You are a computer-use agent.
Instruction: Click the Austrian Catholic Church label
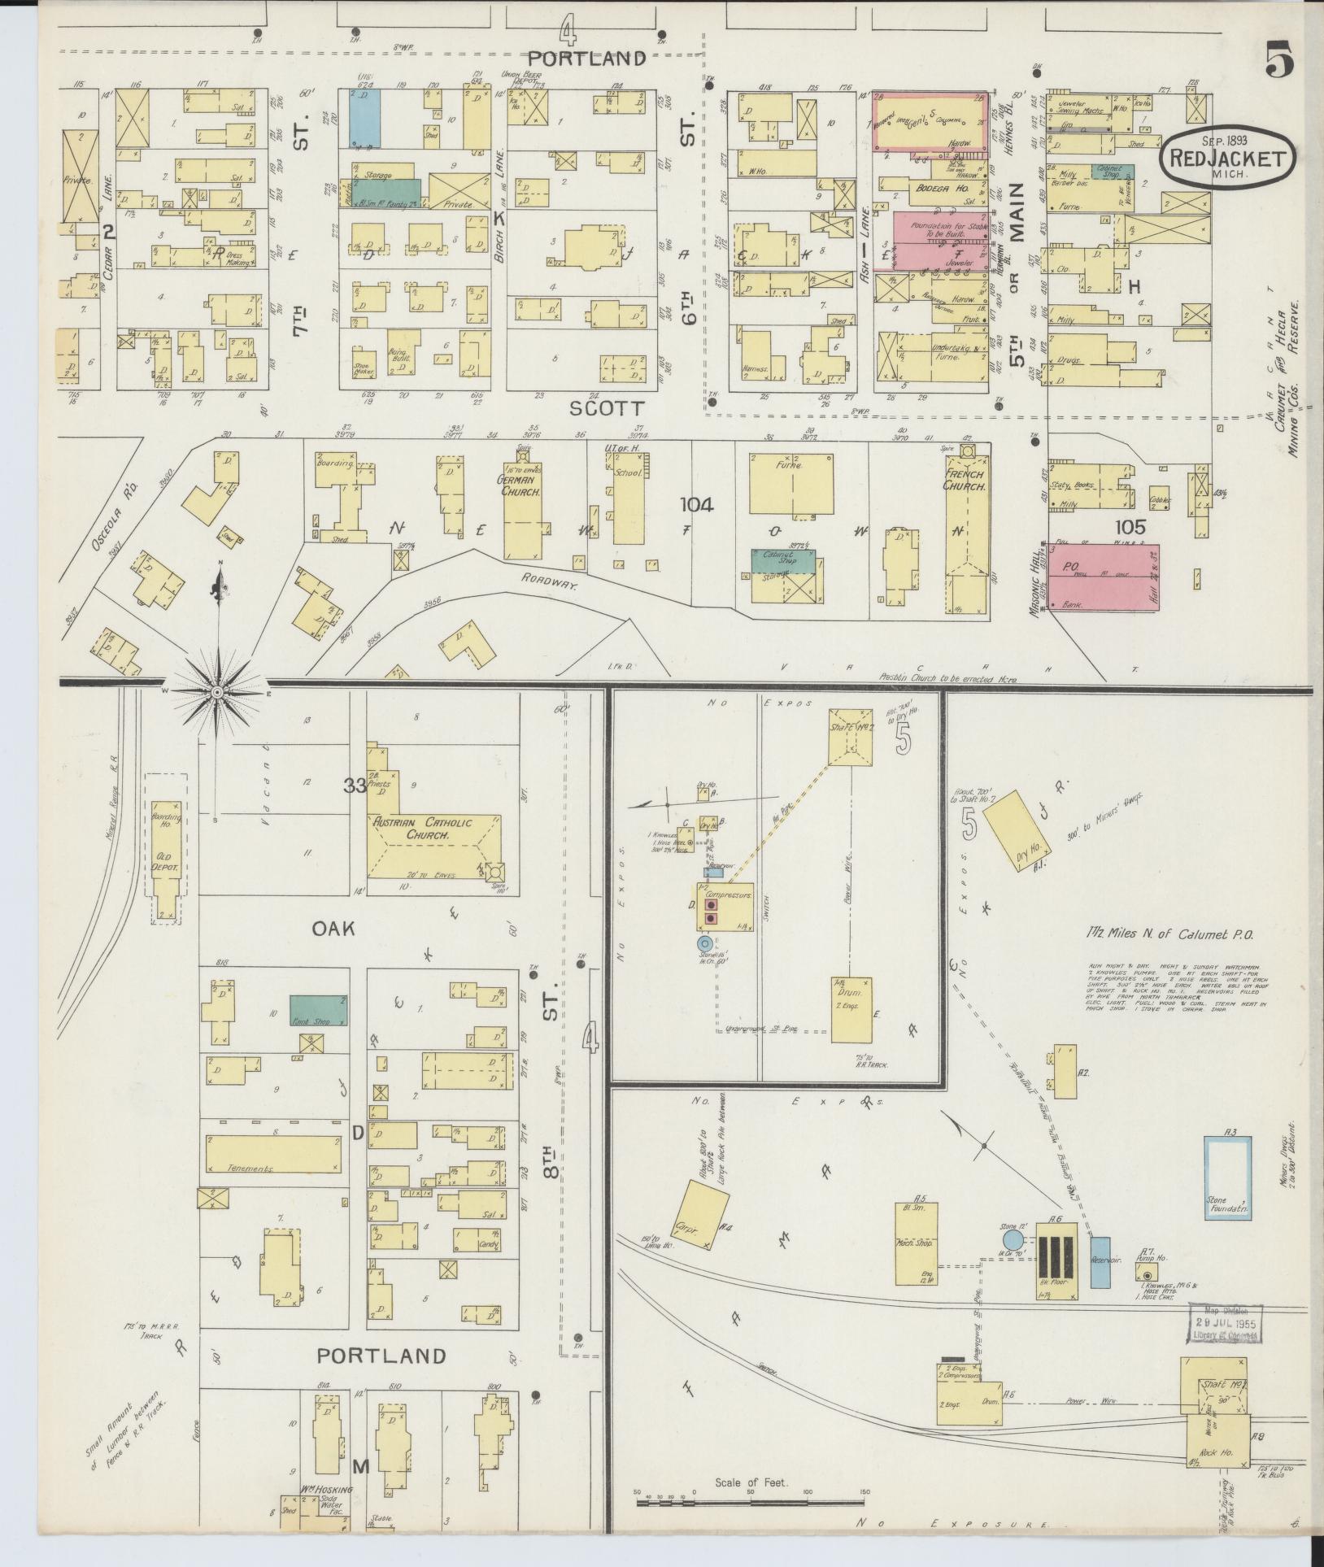(x=411, y=828)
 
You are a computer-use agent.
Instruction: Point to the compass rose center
(x=217, y=692)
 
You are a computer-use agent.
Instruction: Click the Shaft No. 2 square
(x=851, y=737)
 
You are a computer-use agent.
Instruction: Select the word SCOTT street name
(x=607, y=408)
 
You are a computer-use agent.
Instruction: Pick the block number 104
(x=698, y=506)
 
